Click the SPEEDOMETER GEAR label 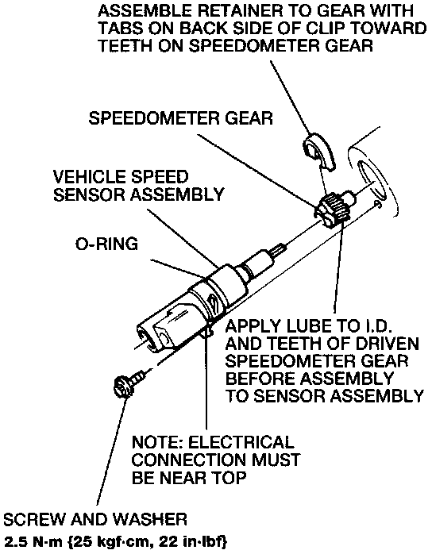click(x=180, y=118)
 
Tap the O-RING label click(x=106, y=244)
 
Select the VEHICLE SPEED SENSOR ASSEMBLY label click(x=139, y=186)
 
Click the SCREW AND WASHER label click(x=95, y=519)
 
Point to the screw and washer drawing click(x=129, y=383)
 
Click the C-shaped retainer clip click(x=318, y=152)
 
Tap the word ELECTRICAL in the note click(x=241, y=442)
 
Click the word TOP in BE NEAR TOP click(x=229, y=478)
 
